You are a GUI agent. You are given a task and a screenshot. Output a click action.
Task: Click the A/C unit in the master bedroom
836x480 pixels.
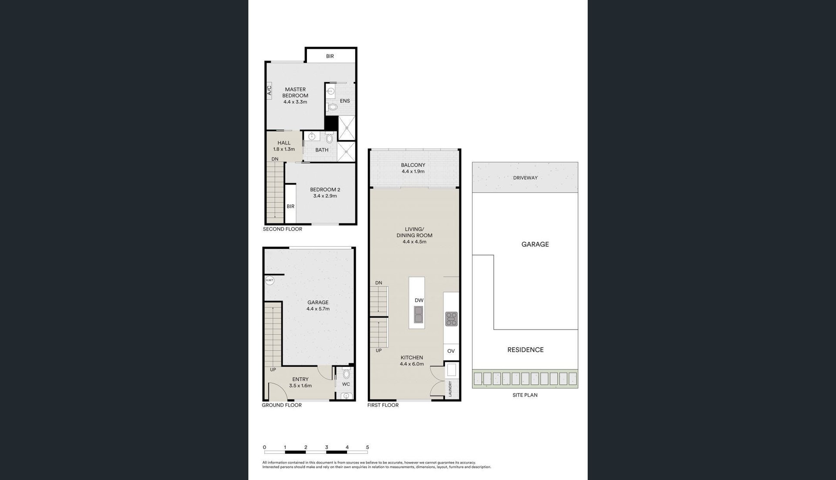click(269, 91)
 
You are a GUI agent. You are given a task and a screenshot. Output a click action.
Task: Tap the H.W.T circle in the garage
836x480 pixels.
click(270, 281)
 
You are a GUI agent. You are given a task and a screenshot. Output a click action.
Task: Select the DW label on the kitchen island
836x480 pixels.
click(419, 300)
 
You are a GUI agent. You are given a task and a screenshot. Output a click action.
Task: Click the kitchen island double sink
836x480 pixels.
click(418, 315)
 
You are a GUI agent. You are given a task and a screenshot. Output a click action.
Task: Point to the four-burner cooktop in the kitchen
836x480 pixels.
click(451, 319)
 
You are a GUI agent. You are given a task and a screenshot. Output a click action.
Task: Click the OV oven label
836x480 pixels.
click(451, 351)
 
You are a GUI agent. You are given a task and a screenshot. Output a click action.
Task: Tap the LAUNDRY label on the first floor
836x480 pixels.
click(451, 389)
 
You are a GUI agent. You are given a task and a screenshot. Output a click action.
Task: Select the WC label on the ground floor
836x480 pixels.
click(346, 384)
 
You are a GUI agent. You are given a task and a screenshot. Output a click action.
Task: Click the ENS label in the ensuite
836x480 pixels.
click(345, 101)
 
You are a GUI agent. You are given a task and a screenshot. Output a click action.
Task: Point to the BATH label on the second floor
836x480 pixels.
click(322, 150)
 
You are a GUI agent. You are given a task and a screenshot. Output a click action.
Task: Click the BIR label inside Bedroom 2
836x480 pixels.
click(290, 206)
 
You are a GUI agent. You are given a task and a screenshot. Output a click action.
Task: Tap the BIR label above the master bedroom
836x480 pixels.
click(330, 56)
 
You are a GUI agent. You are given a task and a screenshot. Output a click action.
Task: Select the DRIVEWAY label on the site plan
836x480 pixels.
click(526, 178)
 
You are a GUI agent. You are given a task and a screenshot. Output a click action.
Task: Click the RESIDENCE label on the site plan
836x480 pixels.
click(526, 350)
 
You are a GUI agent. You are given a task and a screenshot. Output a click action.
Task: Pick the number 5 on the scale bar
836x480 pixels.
click(367, 447)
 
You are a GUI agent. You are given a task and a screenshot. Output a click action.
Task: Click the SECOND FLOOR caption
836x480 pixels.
click(283, 229)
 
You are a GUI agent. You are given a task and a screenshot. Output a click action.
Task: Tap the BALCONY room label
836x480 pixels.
click(413, 165)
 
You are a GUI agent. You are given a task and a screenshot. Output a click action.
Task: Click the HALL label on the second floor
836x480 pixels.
click(284, 143)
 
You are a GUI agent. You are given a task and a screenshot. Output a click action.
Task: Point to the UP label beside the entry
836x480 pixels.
click(273, 370)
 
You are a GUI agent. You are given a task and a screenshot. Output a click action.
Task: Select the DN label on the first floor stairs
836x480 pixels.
click(379, 283)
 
